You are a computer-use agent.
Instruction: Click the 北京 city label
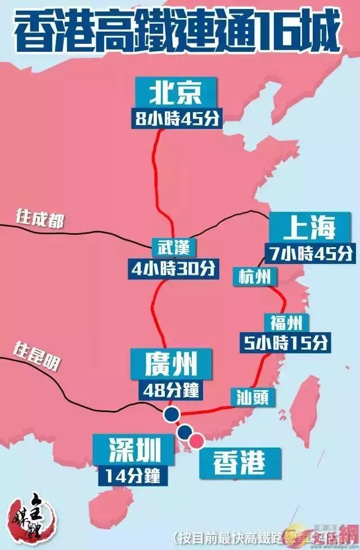(x=175, y=93)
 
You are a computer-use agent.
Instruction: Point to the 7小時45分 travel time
(x=310, y=253)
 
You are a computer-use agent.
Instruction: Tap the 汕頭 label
(x=253, y=396)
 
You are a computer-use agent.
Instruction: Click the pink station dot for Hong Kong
(x=197, y=440)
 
